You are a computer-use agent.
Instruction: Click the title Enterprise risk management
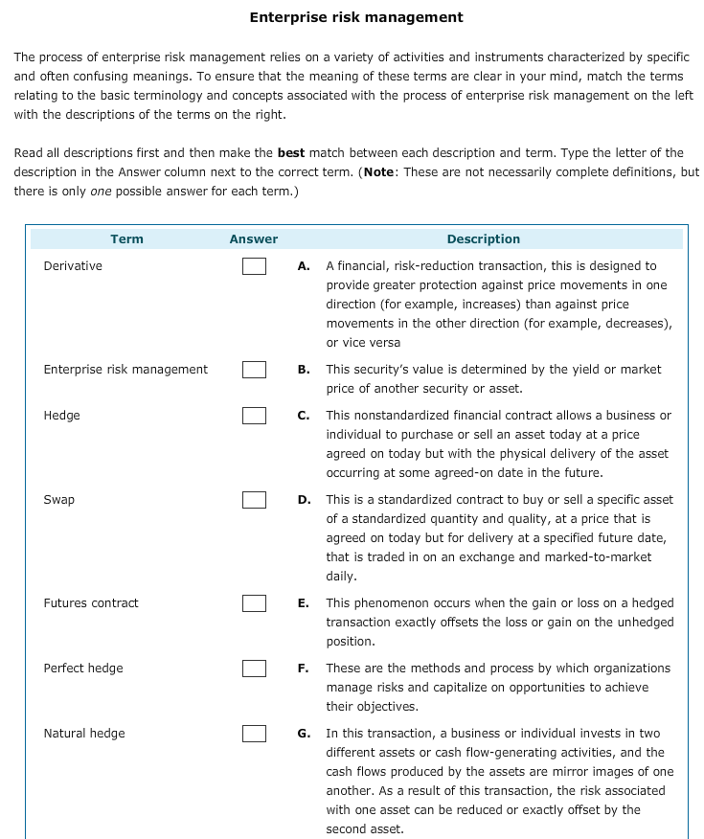[355, 17]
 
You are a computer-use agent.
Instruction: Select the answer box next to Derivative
[254, 266]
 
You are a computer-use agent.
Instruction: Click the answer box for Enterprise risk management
[254, 370]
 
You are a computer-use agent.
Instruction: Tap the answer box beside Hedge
[254, 416]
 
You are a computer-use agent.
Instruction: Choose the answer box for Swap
[254, 500]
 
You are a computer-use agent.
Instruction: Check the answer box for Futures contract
[254, 603]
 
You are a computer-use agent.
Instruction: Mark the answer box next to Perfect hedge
[254, 669]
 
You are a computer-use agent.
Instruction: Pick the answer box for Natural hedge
[254, 734]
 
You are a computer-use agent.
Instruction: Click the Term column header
[126, 239]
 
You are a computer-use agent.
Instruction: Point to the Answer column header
[254, 239]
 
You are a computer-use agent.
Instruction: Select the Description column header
[484, 239]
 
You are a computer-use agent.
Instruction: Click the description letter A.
[303, 266]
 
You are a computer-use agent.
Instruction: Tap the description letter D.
[303, 500]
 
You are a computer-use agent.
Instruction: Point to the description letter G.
[303, 734]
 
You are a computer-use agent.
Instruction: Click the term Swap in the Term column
[59, 500]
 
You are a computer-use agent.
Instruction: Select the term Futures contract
[91, 603]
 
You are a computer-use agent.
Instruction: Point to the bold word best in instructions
[290, 153]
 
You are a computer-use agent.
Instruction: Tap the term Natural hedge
[84, 734]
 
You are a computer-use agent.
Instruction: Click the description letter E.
[303, 603]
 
